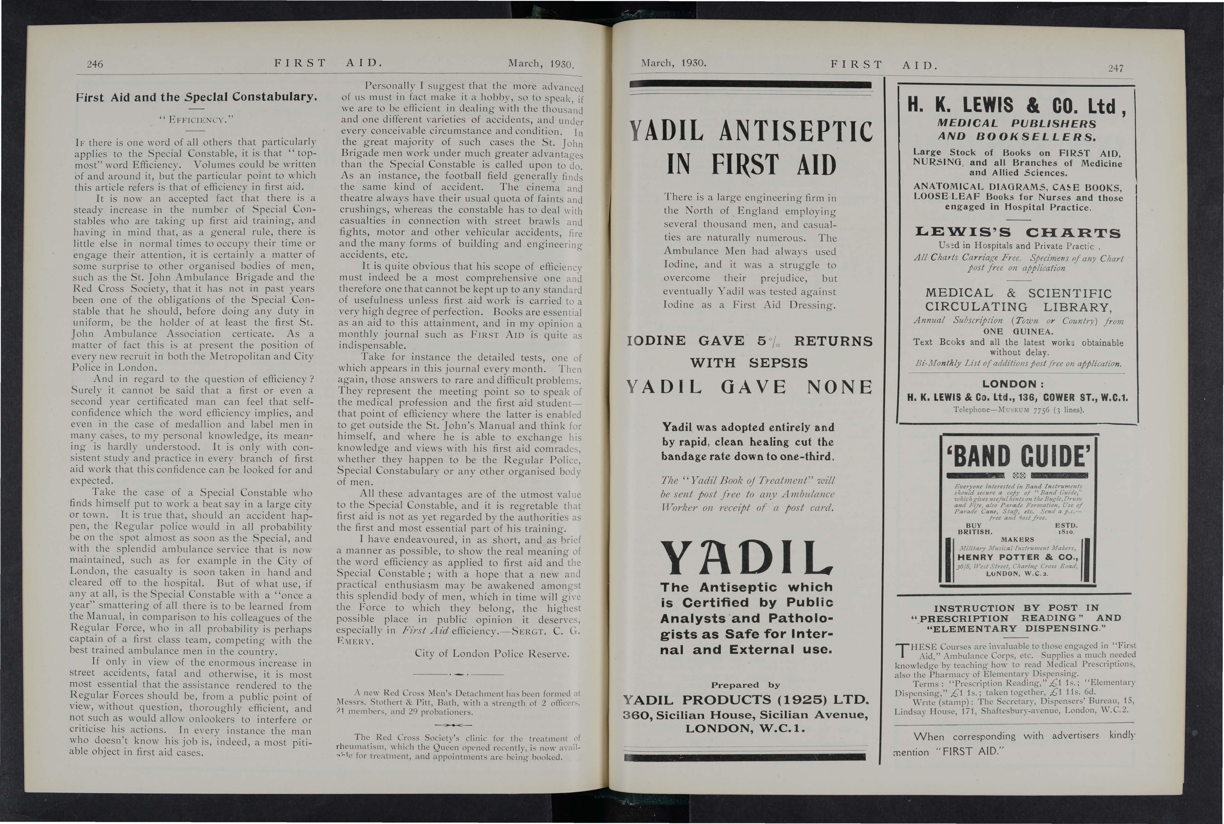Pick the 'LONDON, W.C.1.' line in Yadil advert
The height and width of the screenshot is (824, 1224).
pos(745,729)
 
